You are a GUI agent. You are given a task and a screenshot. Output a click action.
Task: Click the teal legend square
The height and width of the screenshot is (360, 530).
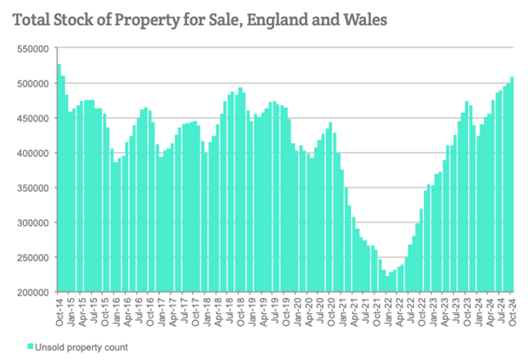31,346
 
